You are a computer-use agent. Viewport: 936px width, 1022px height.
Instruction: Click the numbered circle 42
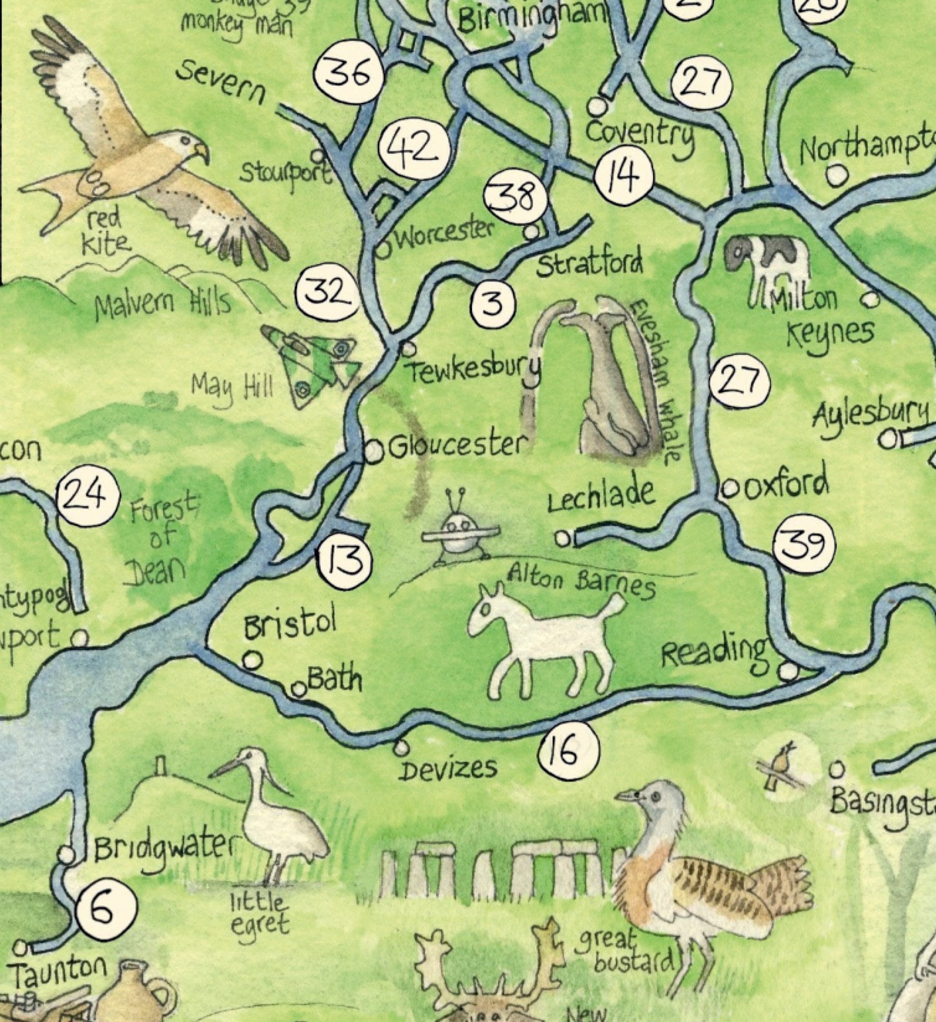(415, 149)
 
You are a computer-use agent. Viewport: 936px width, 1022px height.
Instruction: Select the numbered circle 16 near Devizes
(569, 750)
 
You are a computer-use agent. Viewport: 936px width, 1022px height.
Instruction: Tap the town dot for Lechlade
(563, 539)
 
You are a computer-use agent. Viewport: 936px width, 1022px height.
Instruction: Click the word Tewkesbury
(473, 372)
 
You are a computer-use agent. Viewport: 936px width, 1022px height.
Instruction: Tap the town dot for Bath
(299, 689)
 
